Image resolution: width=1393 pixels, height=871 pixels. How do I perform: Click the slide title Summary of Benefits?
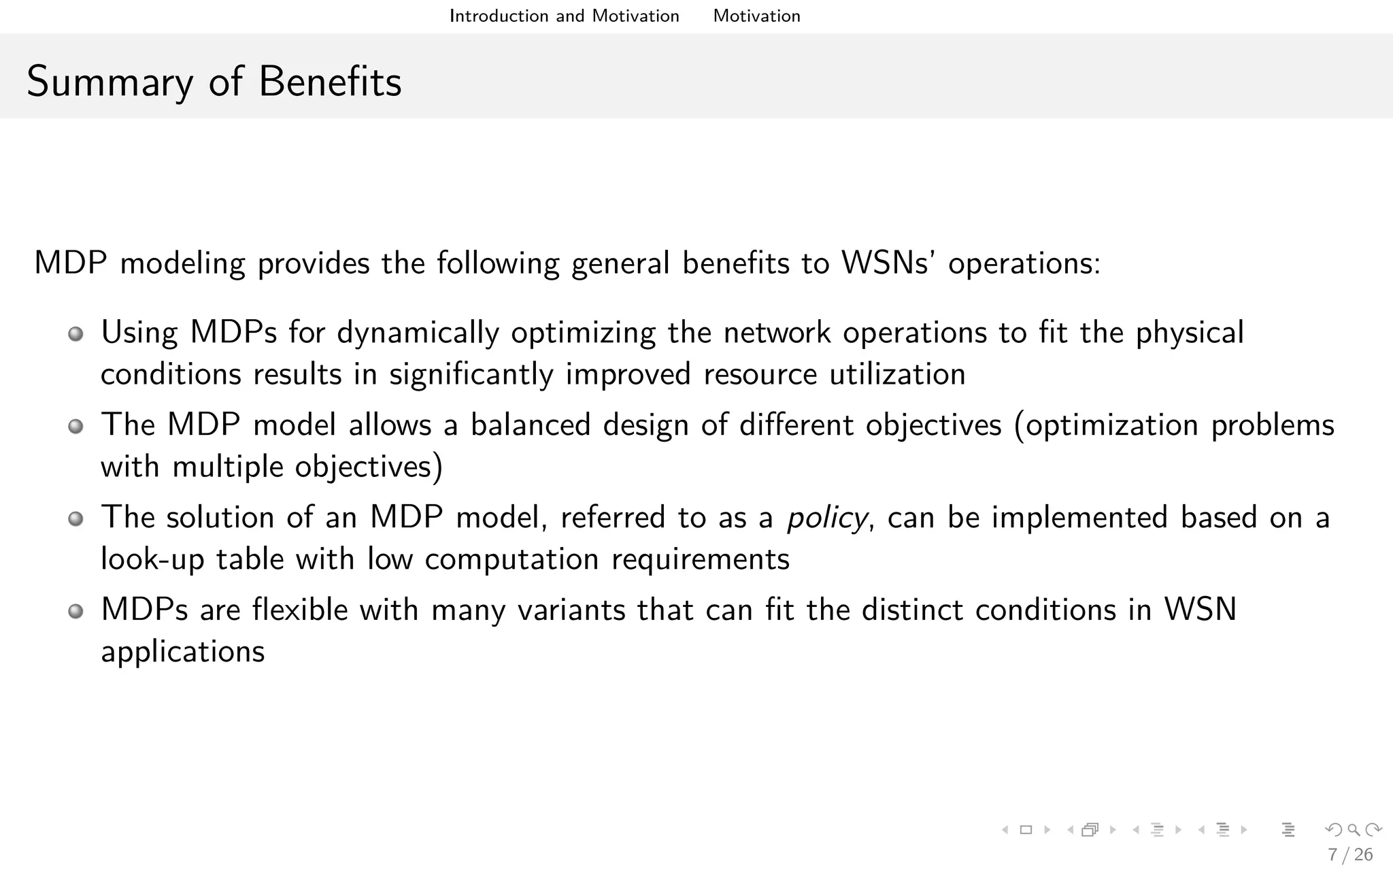214,82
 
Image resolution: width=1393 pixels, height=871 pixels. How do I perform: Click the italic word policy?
826,519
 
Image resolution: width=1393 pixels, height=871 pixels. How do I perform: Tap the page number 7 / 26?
1350,855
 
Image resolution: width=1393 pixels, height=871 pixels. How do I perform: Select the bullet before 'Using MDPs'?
76,334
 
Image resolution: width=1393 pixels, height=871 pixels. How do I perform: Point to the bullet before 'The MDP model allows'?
76,427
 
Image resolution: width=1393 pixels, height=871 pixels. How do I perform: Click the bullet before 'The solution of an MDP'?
76,519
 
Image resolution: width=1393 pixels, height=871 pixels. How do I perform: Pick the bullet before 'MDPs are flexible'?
76,611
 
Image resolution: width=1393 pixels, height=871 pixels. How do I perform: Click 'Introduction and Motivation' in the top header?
564,16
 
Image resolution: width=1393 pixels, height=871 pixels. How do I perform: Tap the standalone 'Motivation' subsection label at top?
756,16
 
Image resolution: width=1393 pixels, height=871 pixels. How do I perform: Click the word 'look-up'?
152,560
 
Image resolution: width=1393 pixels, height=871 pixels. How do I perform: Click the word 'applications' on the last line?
182,652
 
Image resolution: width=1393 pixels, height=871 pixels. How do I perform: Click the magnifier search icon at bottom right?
1354,829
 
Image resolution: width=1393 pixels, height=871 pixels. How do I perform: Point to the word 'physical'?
1190,333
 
